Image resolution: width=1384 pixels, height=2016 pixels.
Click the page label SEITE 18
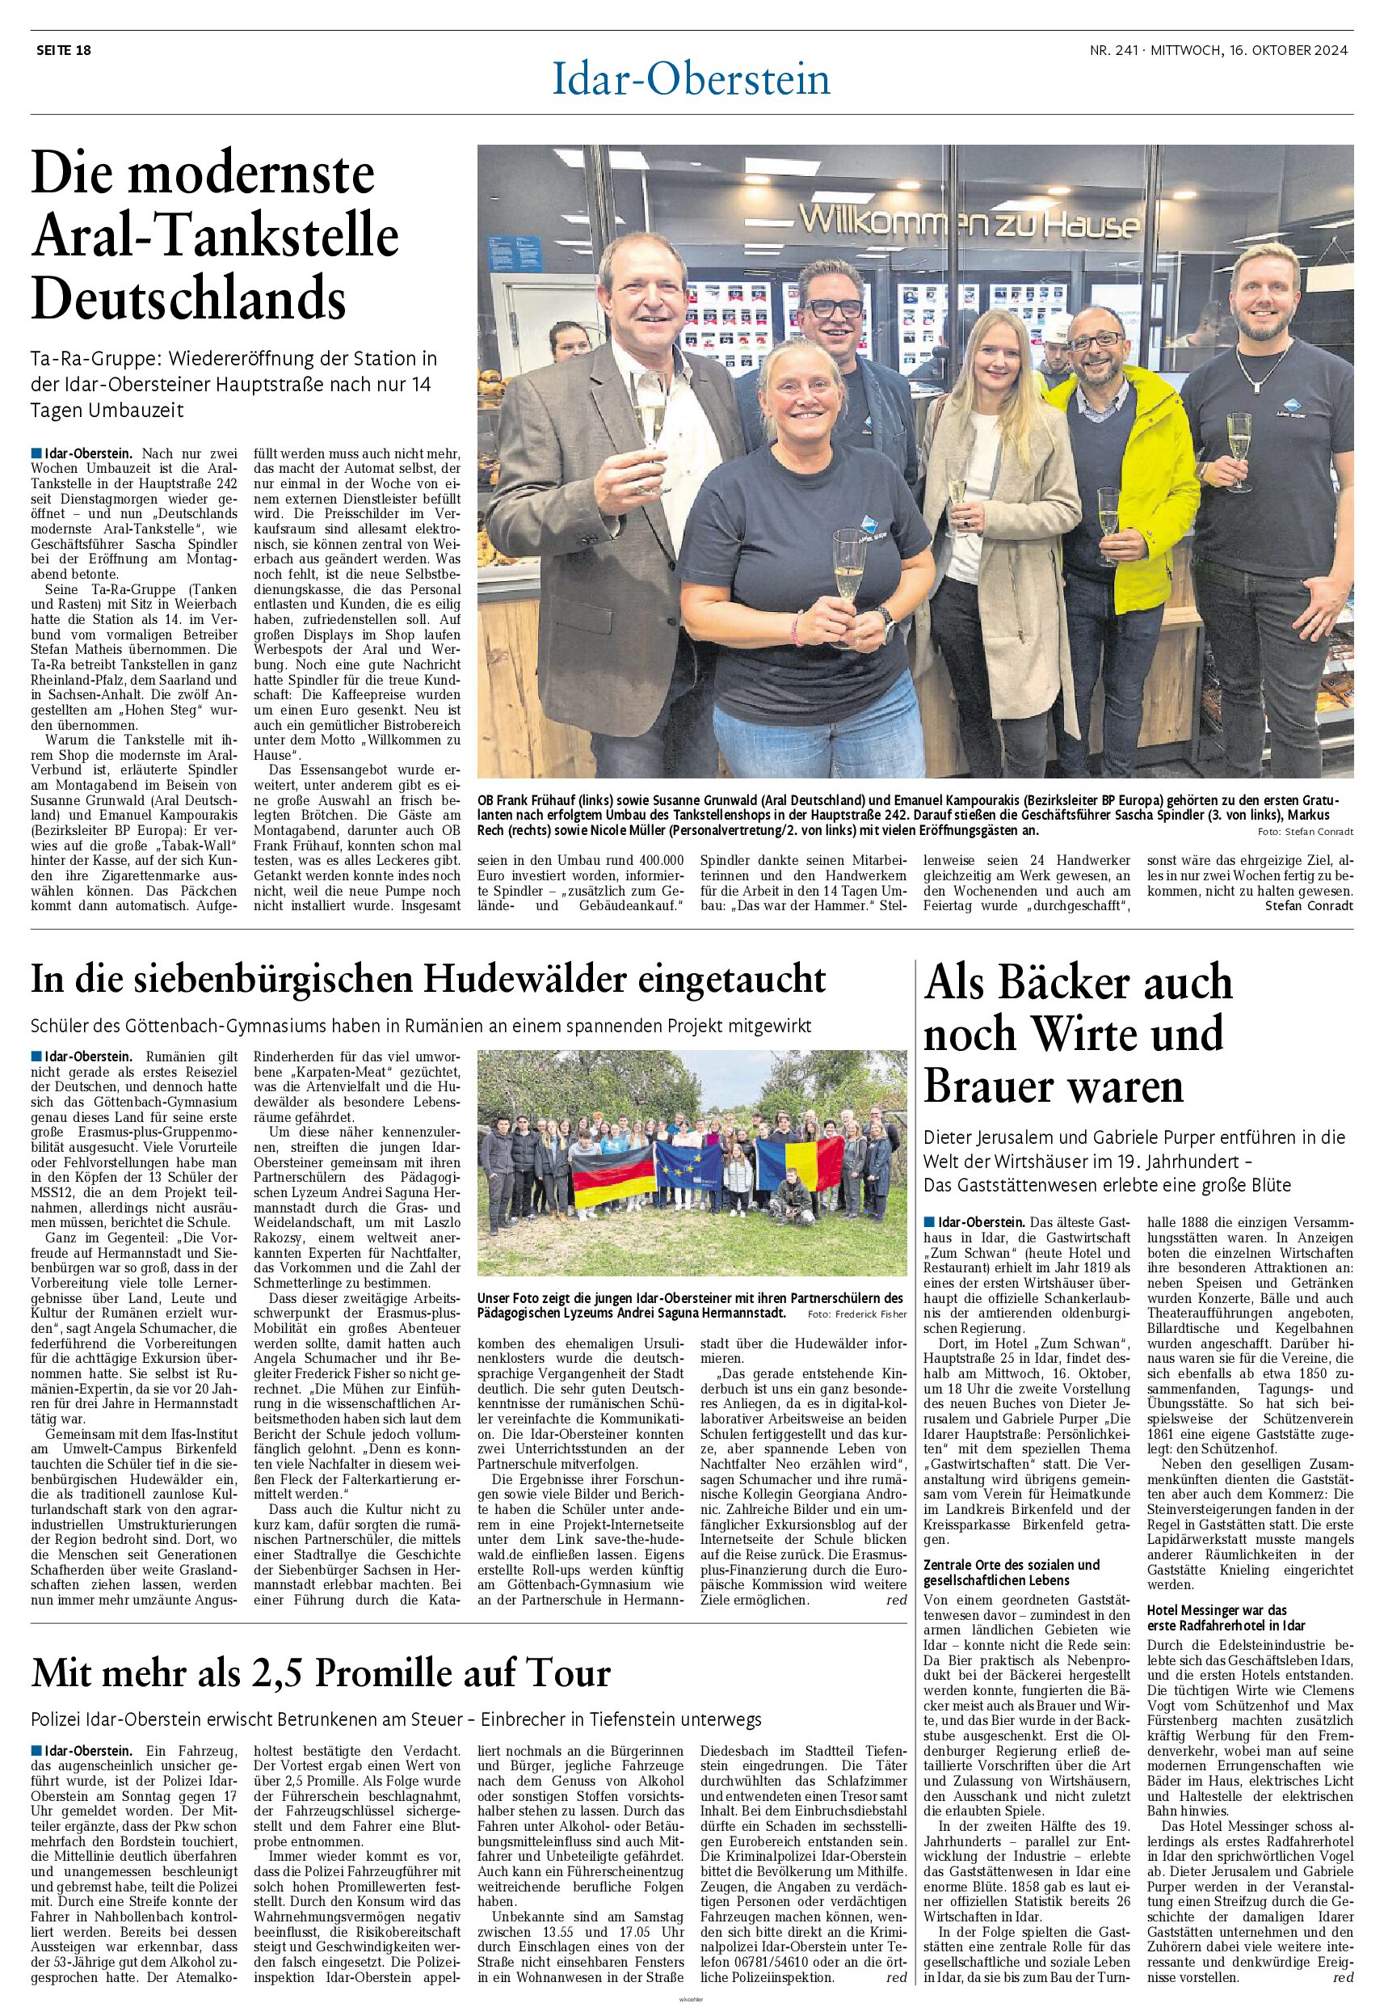click(63, 50)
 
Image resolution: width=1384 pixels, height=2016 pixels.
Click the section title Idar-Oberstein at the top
click(692, 81)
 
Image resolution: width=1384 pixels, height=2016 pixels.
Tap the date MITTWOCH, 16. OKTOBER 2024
click(1250, 50)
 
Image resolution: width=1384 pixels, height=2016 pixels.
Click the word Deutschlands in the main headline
click(189, 297)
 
